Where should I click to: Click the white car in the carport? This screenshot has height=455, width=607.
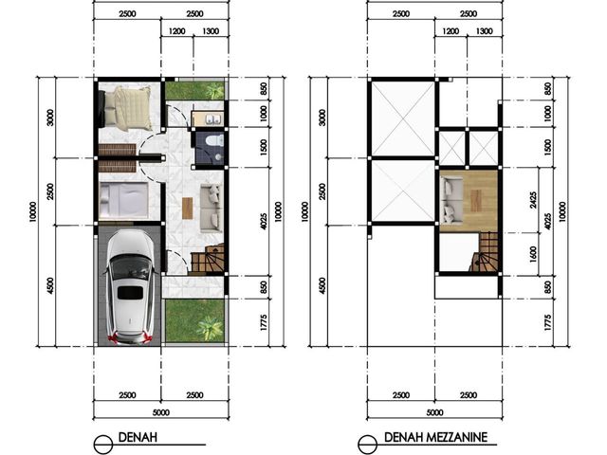tap(130, 286)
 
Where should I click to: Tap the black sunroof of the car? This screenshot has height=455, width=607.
tap(130, 293)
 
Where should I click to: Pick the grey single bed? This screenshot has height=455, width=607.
tap(123, 200)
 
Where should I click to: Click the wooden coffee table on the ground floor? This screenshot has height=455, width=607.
tap(188, 209)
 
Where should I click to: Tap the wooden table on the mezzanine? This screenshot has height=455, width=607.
tap(476, 201)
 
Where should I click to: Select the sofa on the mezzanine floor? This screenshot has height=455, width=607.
tap(451, 200)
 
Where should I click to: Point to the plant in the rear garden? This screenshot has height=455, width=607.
tap(214, 91)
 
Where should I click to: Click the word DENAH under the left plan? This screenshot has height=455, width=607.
tap(138, 437)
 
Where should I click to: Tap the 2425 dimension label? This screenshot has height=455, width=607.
tap(533, 200)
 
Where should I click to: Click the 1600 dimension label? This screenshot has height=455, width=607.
tap(533, 254)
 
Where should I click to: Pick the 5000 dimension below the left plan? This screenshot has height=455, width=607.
tap(161, 412)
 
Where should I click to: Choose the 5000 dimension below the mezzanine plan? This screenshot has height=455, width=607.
tap(434, 412)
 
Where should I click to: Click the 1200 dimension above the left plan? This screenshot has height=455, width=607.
tap(177, 31)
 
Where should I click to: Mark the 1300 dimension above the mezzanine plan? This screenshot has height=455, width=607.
tap(485, 31)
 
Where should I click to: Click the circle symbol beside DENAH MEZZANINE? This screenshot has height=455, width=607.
tap(367, 445)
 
